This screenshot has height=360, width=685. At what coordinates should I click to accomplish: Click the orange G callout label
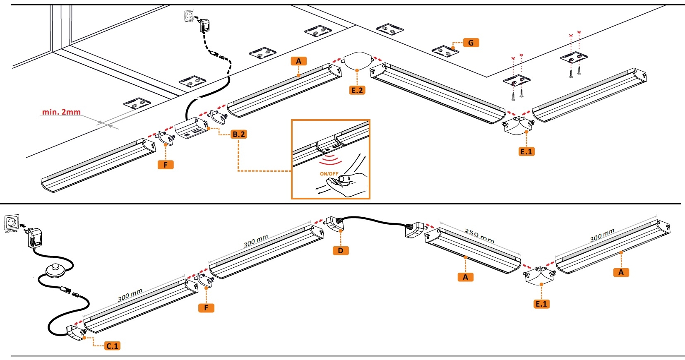pos(471,43)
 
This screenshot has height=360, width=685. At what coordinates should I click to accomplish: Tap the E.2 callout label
pos(357,90)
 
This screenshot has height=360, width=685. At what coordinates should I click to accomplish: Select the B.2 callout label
pos(238,134)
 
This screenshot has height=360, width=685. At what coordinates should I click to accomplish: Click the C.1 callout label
pos(112,346)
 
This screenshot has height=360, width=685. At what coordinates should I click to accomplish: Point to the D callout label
pos(341,250)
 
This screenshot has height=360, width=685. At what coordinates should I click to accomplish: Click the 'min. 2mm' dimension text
pos(61,112)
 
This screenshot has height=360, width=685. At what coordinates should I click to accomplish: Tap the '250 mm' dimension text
pos(479,236)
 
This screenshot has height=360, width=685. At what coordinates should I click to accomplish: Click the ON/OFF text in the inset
pos(329,174)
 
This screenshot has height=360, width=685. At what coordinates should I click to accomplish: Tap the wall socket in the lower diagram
pos(12,223)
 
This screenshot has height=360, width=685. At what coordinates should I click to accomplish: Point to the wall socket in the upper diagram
pos(189,15)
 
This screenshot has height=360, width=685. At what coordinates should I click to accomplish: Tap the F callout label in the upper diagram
pos(166,165)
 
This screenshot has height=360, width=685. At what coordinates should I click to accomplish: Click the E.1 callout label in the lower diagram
pos(541,304)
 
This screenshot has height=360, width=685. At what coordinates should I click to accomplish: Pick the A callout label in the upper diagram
pos(298,61)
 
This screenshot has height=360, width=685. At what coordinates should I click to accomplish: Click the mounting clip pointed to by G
pos(445,51)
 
